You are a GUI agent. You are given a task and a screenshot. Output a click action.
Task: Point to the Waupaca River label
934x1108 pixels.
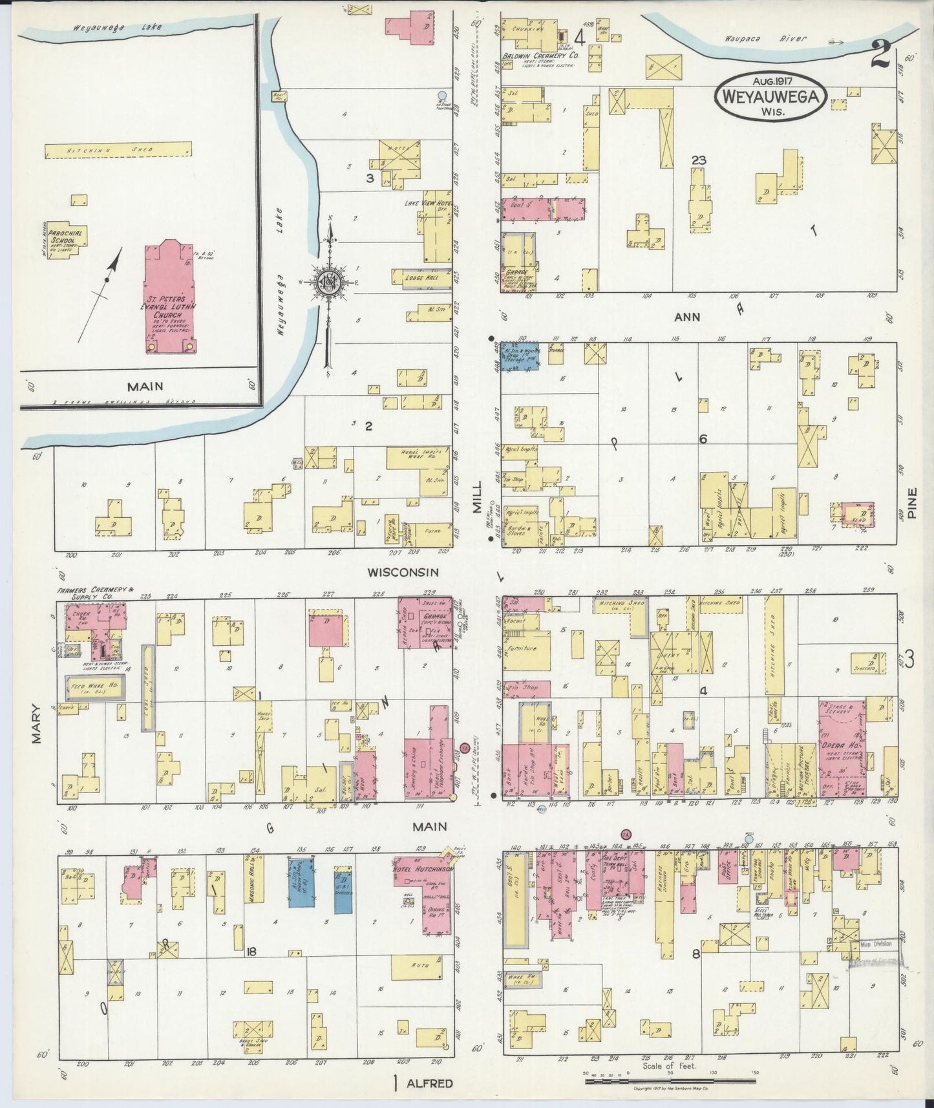click(783, 39)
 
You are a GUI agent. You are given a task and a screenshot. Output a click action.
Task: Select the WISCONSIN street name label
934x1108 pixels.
click(403, 572)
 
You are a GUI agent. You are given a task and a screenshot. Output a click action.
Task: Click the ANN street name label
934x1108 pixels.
click(686, 317)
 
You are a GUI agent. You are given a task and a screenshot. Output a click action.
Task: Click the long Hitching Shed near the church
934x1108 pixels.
click(118, 150)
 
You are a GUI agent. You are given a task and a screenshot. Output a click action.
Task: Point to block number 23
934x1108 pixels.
click(697, 160)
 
